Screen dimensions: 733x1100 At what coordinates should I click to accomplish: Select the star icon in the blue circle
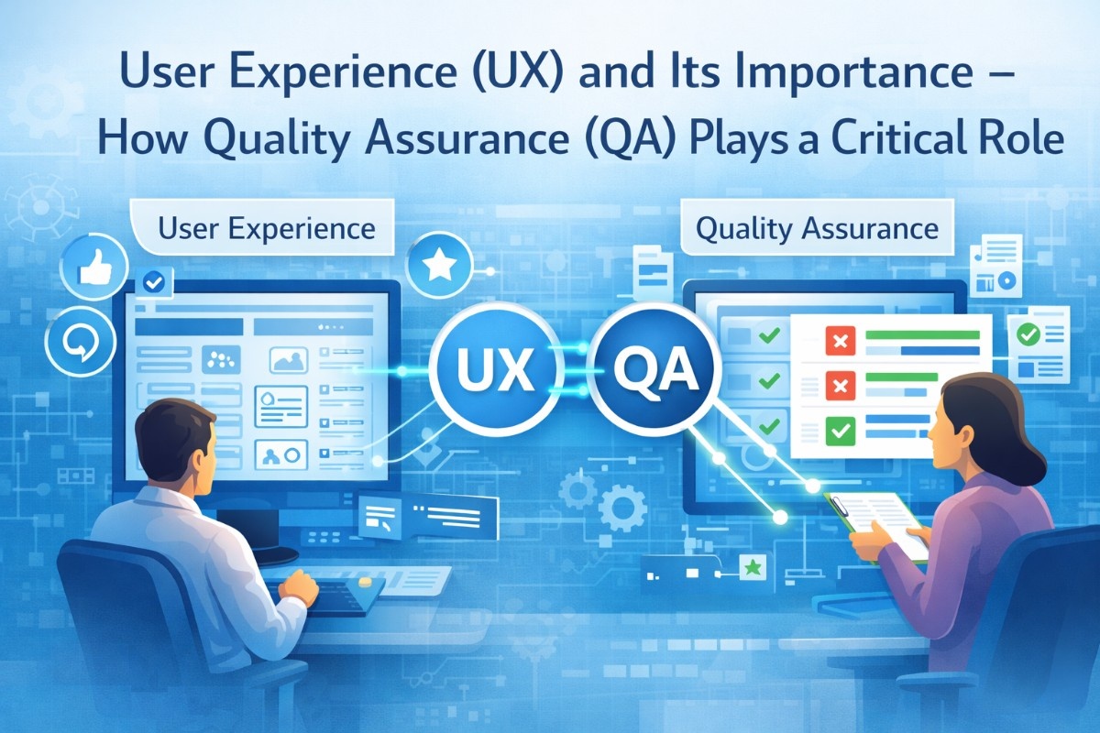tap(439, 266)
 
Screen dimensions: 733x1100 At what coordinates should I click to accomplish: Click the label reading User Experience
tap(266, 228)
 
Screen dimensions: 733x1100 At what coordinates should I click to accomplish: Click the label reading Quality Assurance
tap(817, 228)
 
